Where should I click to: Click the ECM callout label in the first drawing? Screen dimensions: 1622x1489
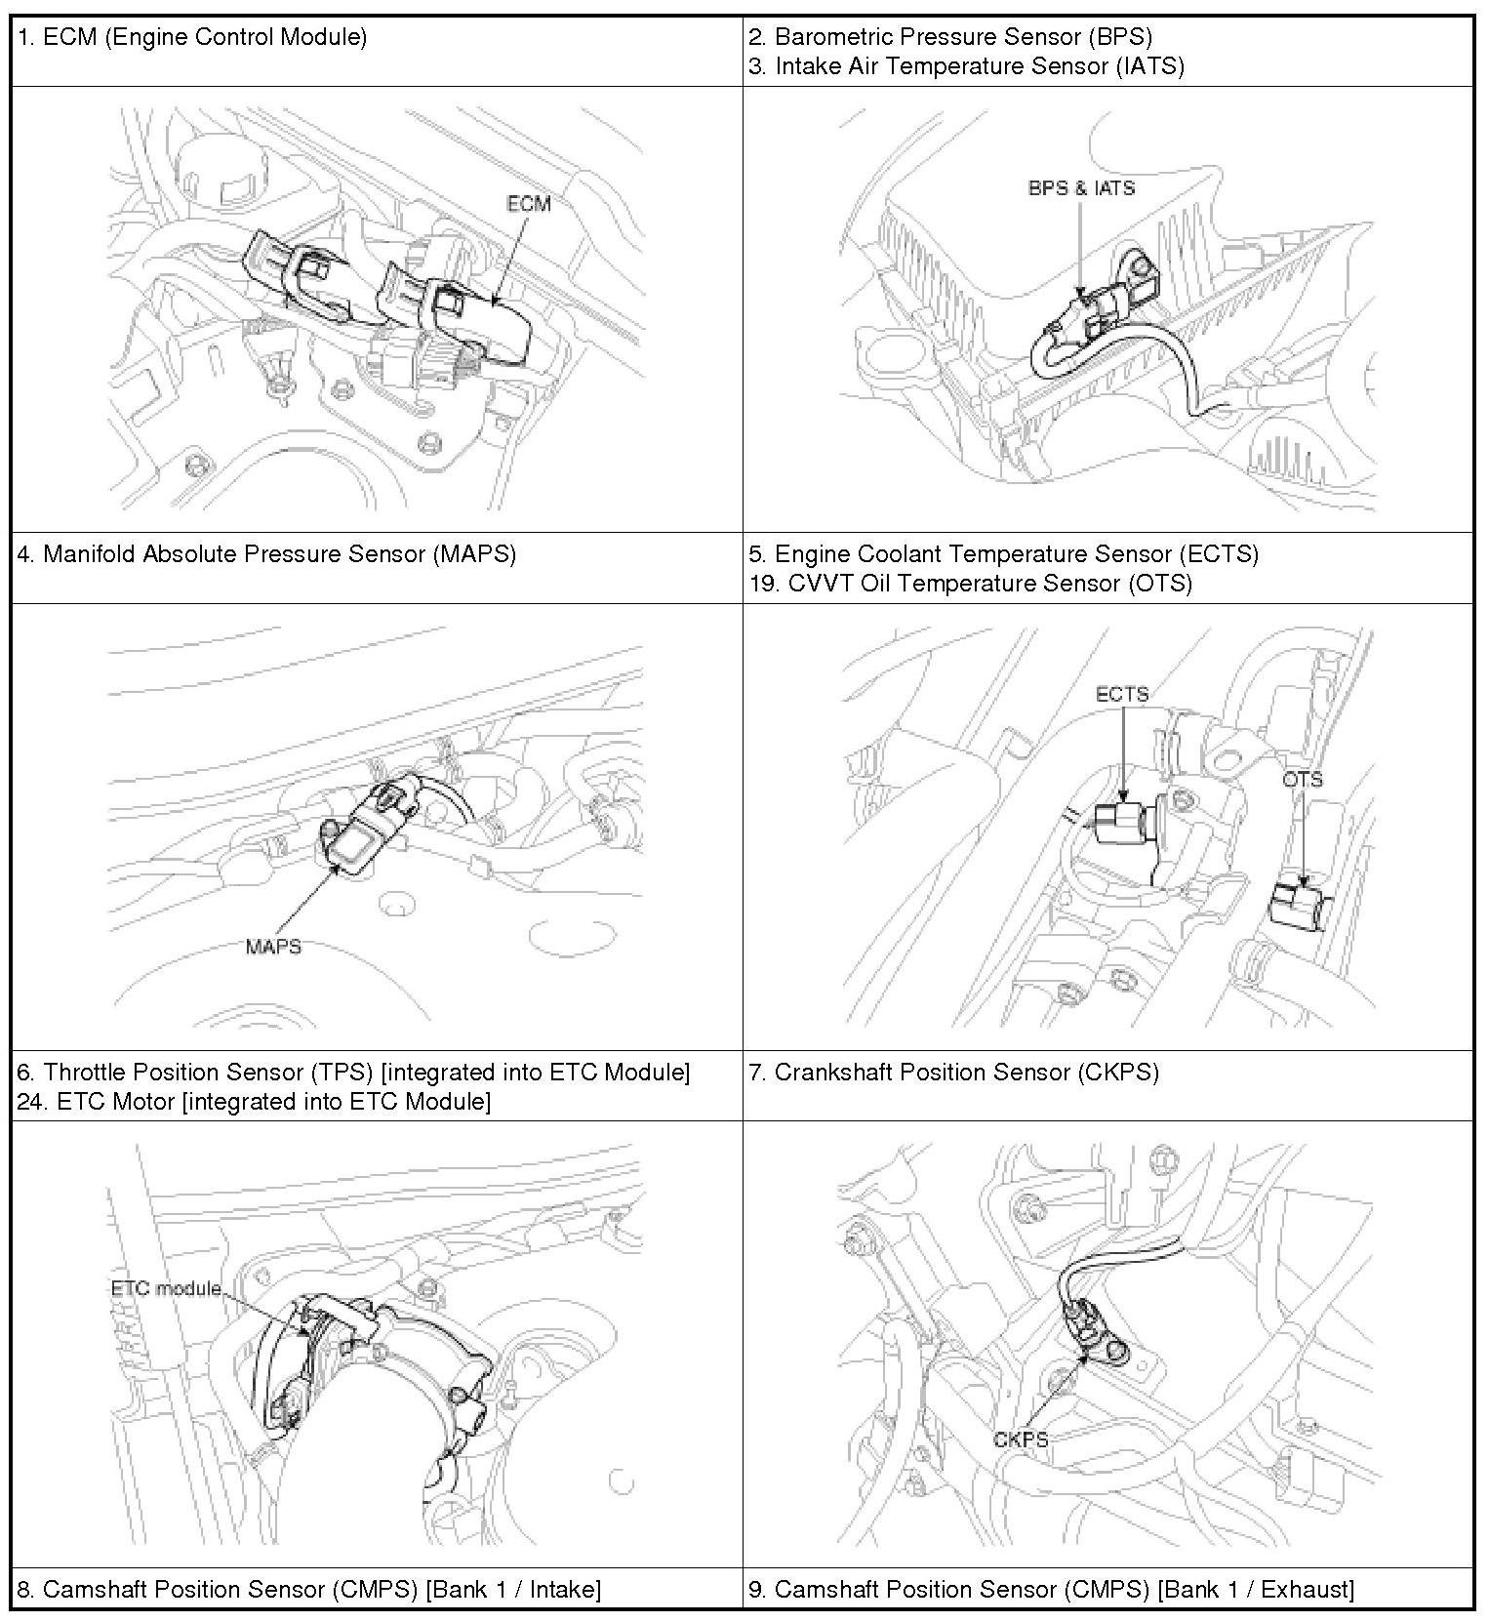point(529,203)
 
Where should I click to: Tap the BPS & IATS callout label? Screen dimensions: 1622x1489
point(1081,187)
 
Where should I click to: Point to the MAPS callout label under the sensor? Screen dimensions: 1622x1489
point(273,947)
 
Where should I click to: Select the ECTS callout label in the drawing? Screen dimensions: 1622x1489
point(1122,694)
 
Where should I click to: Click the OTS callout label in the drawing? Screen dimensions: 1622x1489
point(1303,780)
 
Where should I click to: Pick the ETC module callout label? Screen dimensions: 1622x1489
point(166,1288)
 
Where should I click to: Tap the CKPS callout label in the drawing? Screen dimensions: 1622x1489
point(1021,1440)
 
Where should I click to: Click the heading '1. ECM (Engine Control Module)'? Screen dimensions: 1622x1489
point(192,37)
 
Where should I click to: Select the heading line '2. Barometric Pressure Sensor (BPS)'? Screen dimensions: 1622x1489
point(950,37)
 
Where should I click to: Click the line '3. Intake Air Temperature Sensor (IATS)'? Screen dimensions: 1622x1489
point(966,66)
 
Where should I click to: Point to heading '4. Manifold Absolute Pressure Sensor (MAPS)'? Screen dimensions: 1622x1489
point(266,554)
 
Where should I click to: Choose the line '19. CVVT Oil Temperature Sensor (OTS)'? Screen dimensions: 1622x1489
point(970,584)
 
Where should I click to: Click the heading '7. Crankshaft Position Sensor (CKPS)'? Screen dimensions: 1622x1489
point(953,1073)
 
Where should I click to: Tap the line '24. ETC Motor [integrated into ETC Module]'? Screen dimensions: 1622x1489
point(254,1102)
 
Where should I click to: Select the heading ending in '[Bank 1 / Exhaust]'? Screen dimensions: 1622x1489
point(1051,1590)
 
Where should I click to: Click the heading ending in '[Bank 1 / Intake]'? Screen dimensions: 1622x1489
point(308,1590)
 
